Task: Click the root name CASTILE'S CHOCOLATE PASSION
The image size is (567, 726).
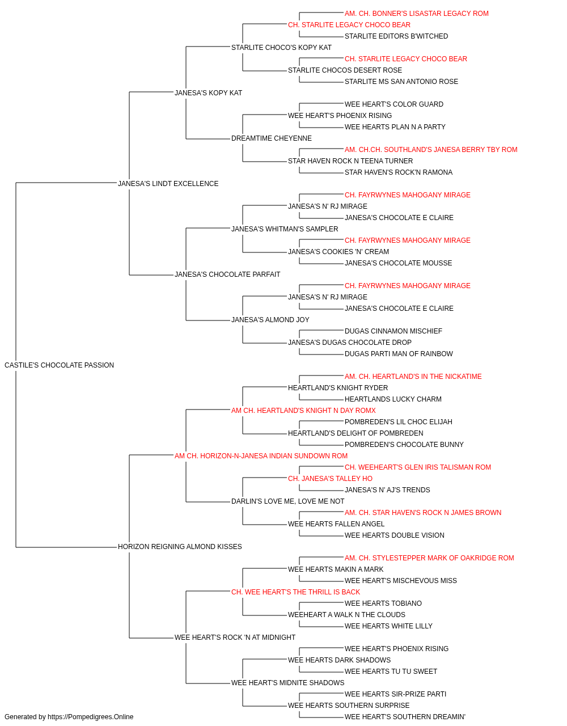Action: [59, 365]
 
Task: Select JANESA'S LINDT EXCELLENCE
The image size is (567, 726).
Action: [168, 183]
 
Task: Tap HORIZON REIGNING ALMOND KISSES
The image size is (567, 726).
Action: [180, 546]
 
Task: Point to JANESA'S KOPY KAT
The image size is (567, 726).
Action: [208, 92]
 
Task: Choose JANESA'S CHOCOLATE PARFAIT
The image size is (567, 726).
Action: [227, 274]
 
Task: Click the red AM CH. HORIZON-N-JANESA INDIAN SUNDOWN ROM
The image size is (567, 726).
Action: [261, 455]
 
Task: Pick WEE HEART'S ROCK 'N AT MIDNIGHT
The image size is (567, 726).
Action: [235, 637]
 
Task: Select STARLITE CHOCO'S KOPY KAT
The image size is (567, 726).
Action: [281, 48]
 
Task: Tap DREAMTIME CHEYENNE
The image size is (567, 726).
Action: [271, 138]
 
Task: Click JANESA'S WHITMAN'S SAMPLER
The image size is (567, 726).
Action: [285, 229]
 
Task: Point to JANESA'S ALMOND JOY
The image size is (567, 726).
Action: [270, 319]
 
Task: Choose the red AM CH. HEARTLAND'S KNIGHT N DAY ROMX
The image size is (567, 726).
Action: [303, 410]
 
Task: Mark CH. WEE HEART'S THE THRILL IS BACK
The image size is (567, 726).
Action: [295, 592]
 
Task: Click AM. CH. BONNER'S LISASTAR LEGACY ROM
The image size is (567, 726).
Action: [416, 14]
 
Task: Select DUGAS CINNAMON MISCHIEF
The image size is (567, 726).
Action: [393, 331]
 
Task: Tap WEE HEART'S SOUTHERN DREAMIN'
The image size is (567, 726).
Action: [405, 717]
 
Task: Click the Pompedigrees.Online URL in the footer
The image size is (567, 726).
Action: [90, 717]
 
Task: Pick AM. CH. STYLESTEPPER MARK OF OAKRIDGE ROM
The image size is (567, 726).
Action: [429, 558]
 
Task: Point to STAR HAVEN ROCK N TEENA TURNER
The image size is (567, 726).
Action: [350, 161]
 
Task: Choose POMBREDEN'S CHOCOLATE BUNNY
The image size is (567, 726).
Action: [404, 444]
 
